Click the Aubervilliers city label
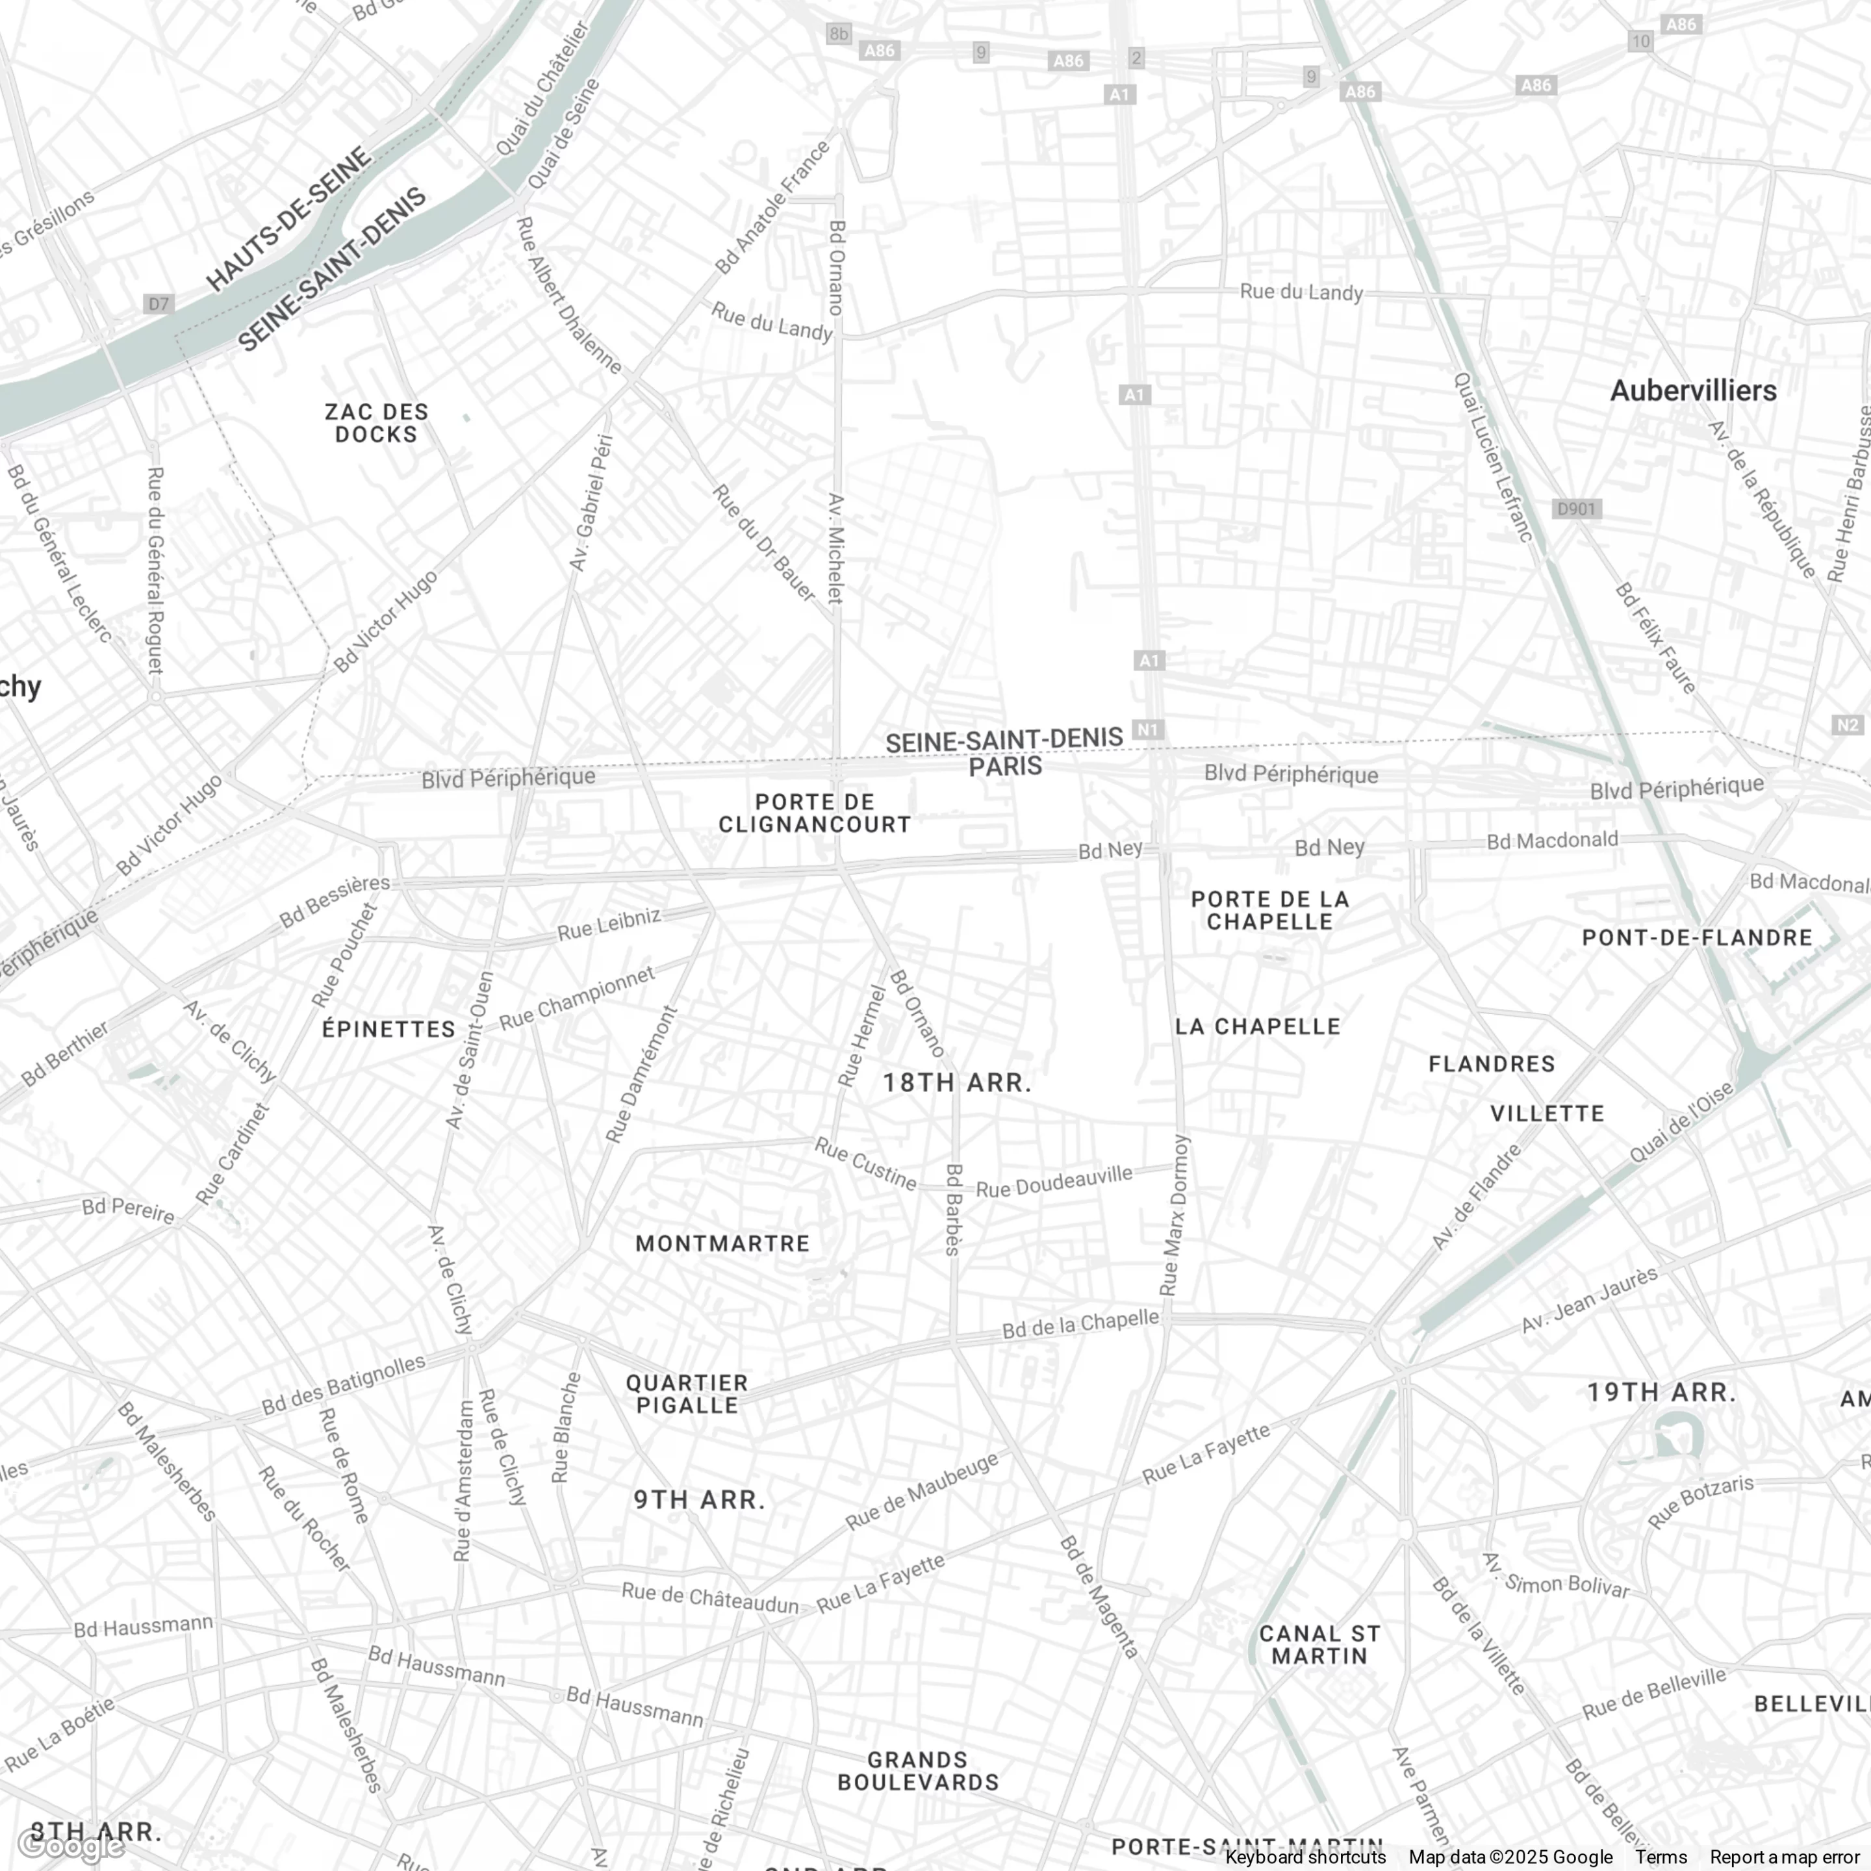[x=1693, y=390]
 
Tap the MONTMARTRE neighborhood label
[x=722, y=1243]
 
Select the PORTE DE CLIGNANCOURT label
[x=815, y=813]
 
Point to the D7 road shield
[x=158, y=304]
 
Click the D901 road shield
[x=1575, y=509]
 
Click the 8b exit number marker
[x=837, y=34]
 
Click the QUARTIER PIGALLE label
[x=687, y=1394]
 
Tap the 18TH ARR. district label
[x=957, y=1083]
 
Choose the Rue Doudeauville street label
[x=1054, y=1180]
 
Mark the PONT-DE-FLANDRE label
[x=1697, y=937]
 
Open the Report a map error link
[x=1784, y=1857]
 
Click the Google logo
[x=70, y=1846]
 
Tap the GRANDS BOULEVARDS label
[x=918, y=1771]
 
